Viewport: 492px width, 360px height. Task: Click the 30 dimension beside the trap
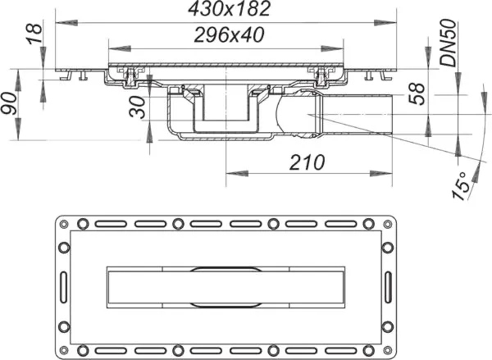click(139, 107)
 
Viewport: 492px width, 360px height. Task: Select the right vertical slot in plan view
click(387, 281)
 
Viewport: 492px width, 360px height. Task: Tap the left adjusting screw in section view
click(131, 77)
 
